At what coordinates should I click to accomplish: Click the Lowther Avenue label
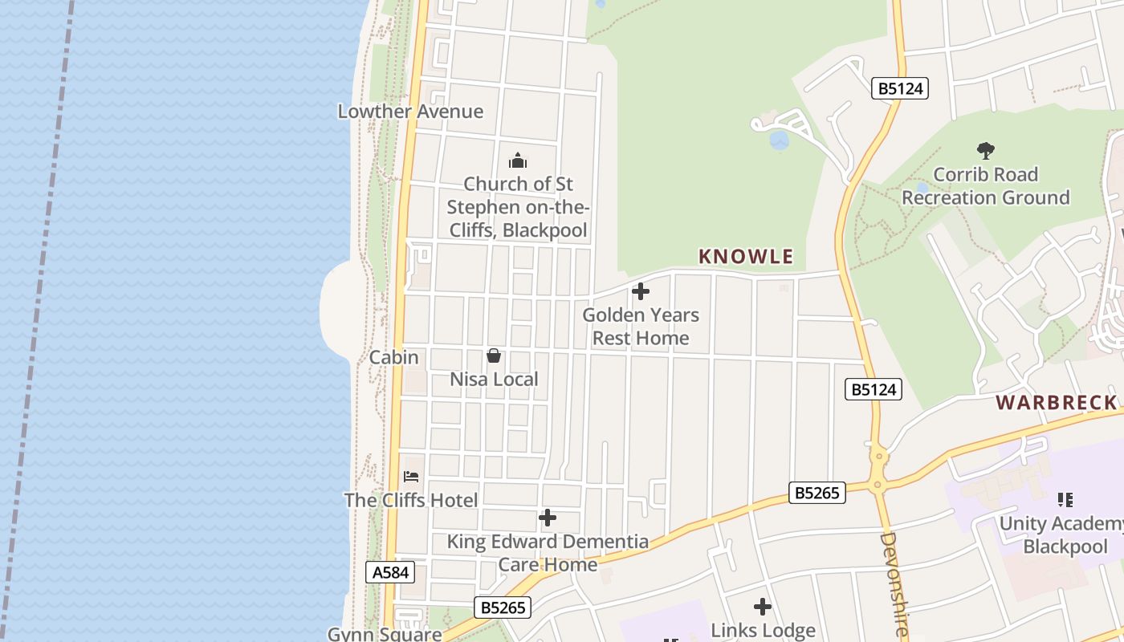tap(410, 112)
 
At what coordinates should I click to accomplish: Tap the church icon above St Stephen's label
tap(518, 160)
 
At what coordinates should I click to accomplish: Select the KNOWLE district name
tap(746, 257)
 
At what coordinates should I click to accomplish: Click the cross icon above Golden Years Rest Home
tap(641, 291)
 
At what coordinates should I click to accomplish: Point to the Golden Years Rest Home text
tap(641, 327)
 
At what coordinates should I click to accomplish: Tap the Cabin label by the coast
tap(393, 357)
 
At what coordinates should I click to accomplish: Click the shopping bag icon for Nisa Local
tap(494, 356)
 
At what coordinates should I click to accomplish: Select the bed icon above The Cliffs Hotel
tap(411, 477)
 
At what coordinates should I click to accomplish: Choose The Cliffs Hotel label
tap(411, 501)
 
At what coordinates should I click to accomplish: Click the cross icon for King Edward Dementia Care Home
tap(548, 518)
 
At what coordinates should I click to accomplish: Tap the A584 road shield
tap(391, 572)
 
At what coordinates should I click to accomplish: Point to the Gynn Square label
tap(385, 634)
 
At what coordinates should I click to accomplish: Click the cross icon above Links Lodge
tap(763, 607)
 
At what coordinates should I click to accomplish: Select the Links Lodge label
tap(763, 631)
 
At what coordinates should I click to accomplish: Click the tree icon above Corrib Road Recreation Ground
tap(985, 150)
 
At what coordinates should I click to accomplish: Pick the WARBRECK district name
tap(1057, 403)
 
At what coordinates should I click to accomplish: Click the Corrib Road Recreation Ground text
tap(985, 186)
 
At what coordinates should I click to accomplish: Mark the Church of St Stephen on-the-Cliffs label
tap(518, 207)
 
